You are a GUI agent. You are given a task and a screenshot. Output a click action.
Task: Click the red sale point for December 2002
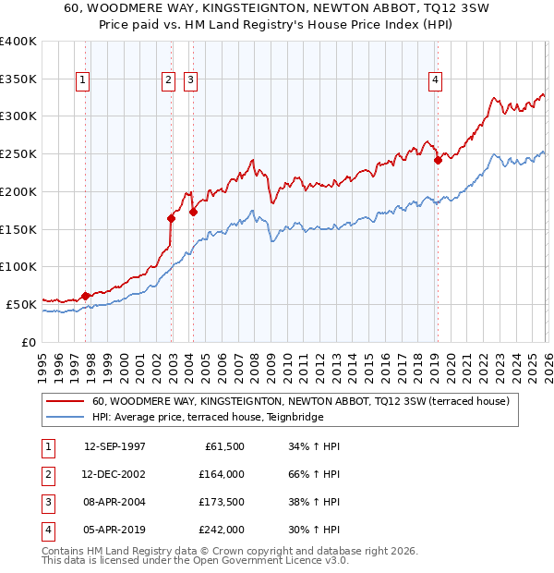(x=172, y=218)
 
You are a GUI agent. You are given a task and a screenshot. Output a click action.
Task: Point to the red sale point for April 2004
(x=193, y=212)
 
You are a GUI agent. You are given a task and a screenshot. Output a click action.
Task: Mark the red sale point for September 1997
(x=86, y=296)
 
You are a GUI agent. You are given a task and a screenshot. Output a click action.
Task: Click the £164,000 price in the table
(x=222, y=474)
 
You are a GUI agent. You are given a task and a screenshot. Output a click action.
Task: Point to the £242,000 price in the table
(x=222, y=530)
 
